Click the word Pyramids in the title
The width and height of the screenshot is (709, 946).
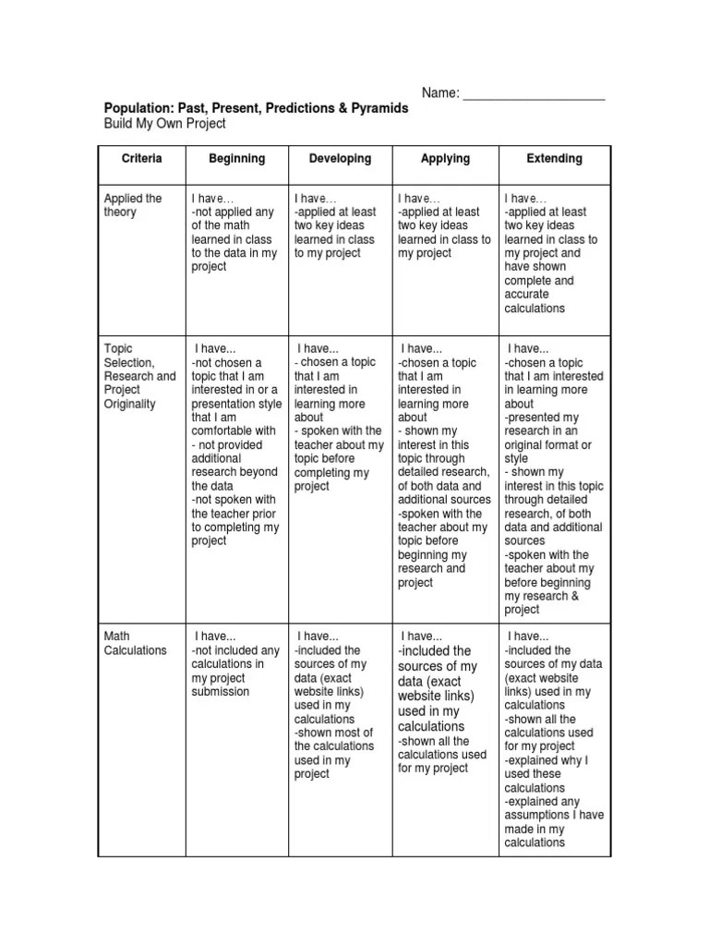379,109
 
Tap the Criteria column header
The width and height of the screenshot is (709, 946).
141,159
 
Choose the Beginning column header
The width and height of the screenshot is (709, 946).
236,159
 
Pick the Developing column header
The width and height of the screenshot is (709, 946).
340,159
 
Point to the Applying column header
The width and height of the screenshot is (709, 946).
445,159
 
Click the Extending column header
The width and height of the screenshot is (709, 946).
554,159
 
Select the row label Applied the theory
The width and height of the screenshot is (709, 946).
133,205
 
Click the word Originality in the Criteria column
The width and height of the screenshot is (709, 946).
130,405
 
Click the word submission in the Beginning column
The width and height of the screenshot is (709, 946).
221,692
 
